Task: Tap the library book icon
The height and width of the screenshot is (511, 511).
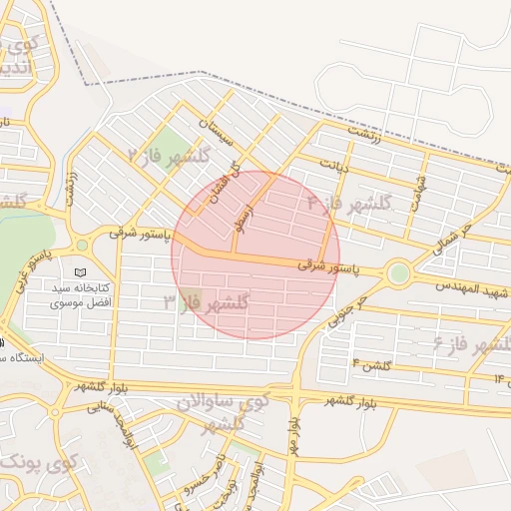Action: pyautogui.click(x=81, y=271)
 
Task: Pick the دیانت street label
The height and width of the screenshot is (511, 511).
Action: pyautogui.click(x=333, y=163)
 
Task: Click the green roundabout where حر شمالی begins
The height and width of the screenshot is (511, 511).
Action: pyautogui.click(x=399, y=272)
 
